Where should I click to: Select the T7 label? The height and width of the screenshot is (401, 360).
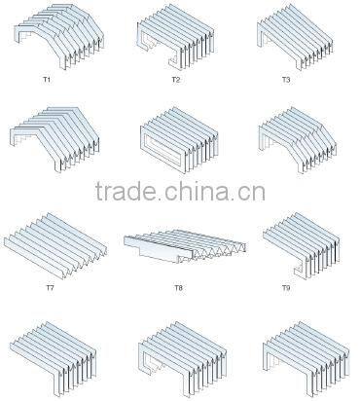(50, 288)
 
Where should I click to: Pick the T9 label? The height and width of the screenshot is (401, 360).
(285, 288)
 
